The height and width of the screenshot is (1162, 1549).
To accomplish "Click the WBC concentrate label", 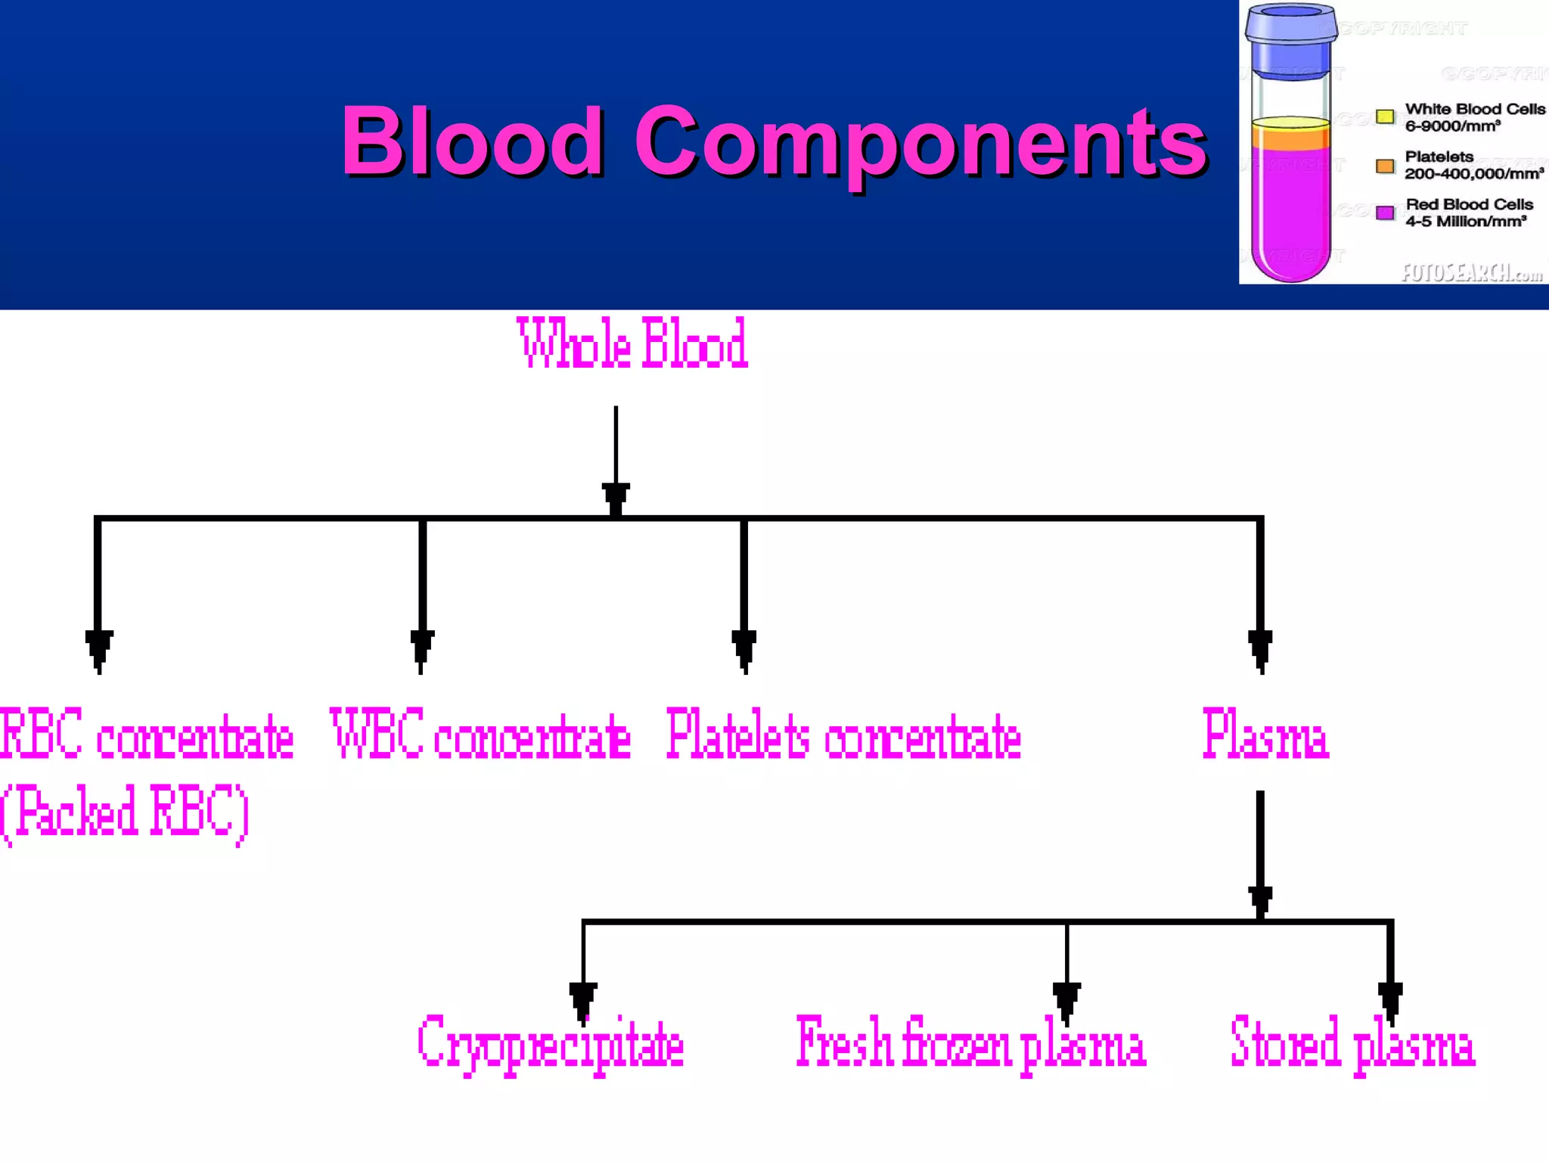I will pyautogui.click(x=480, y=735).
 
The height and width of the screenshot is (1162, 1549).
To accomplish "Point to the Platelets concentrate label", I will pyautogui.click(x=843, y=735).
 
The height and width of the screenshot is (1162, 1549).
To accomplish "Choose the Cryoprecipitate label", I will pyautogui.click(x=551, y=1044).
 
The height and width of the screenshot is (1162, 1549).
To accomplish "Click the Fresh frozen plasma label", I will pyautogui.click(x=971, y=1044).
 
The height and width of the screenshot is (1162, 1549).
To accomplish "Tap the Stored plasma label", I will pyautogui.click(x=1352, y=1044).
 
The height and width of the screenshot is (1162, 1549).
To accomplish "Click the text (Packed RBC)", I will pyautogui.click(x=125, y=813).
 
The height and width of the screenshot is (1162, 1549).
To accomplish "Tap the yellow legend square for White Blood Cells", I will pyautogui.click(x=1385, y=117).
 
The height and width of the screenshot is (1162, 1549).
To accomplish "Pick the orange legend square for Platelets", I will pyautogui.click(x=1385, y=166).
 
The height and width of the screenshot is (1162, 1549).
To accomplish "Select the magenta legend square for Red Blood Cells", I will pyautogui.click(x=1385, y=213).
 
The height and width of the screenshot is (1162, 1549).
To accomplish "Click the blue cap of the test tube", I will pyautogui.click(x=1291, y=38).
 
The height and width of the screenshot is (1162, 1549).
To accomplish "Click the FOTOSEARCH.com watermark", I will pyautogui.click(x=1471, y=272).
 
